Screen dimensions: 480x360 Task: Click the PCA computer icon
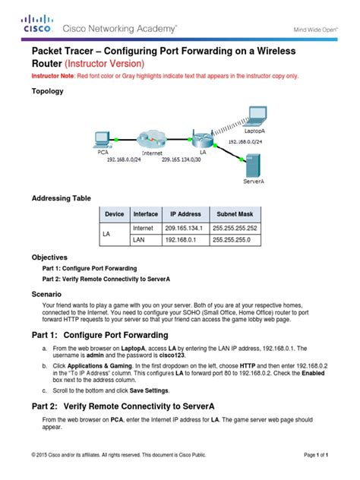pyautogui.click(x=101, y=140)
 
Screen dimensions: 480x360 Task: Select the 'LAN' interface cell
pyautogui.click(x=140, y=242)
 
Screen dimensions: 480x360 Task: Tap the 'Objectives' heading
pyautogui.click(x=49, y=257)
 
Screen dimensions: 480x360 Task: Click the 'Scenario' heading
pyautogui.click(x=46, y=292)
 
